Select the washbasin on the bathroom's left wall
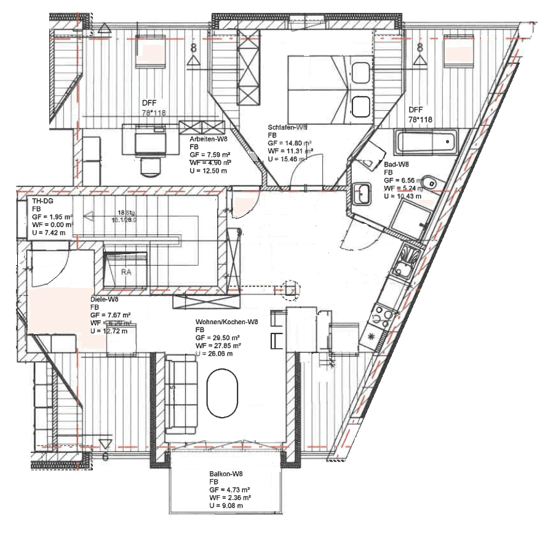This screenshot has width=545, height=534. [x=361, y=193]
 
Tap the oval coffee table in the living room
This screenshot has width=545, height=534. [x=221, y=393]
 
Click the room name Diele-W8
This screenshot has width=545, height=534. [x=104, y=300]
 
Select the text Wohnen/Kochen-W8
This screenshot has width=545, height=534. [x=226, y=322]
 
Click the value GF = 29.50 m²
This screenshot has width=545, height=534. [x=218, y=338]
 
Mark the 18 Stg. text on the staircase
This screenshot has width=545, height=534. [x=125, y=212]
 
